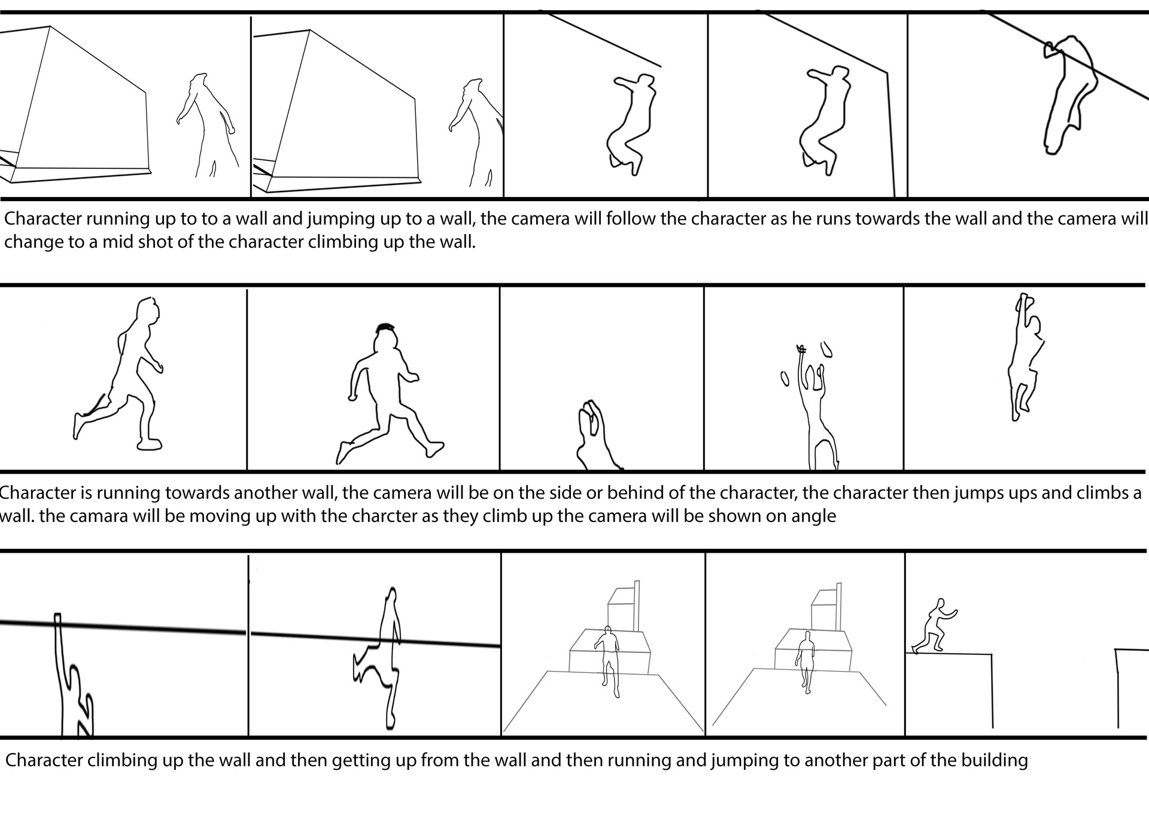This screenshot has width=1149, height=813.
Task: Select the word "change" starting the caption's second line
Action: (32, 242)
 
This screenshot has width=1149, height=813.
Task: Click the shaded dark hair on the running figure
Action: (385, 327)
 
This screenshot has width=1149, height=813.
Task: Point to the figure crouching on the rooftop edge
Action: (934, 626)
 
